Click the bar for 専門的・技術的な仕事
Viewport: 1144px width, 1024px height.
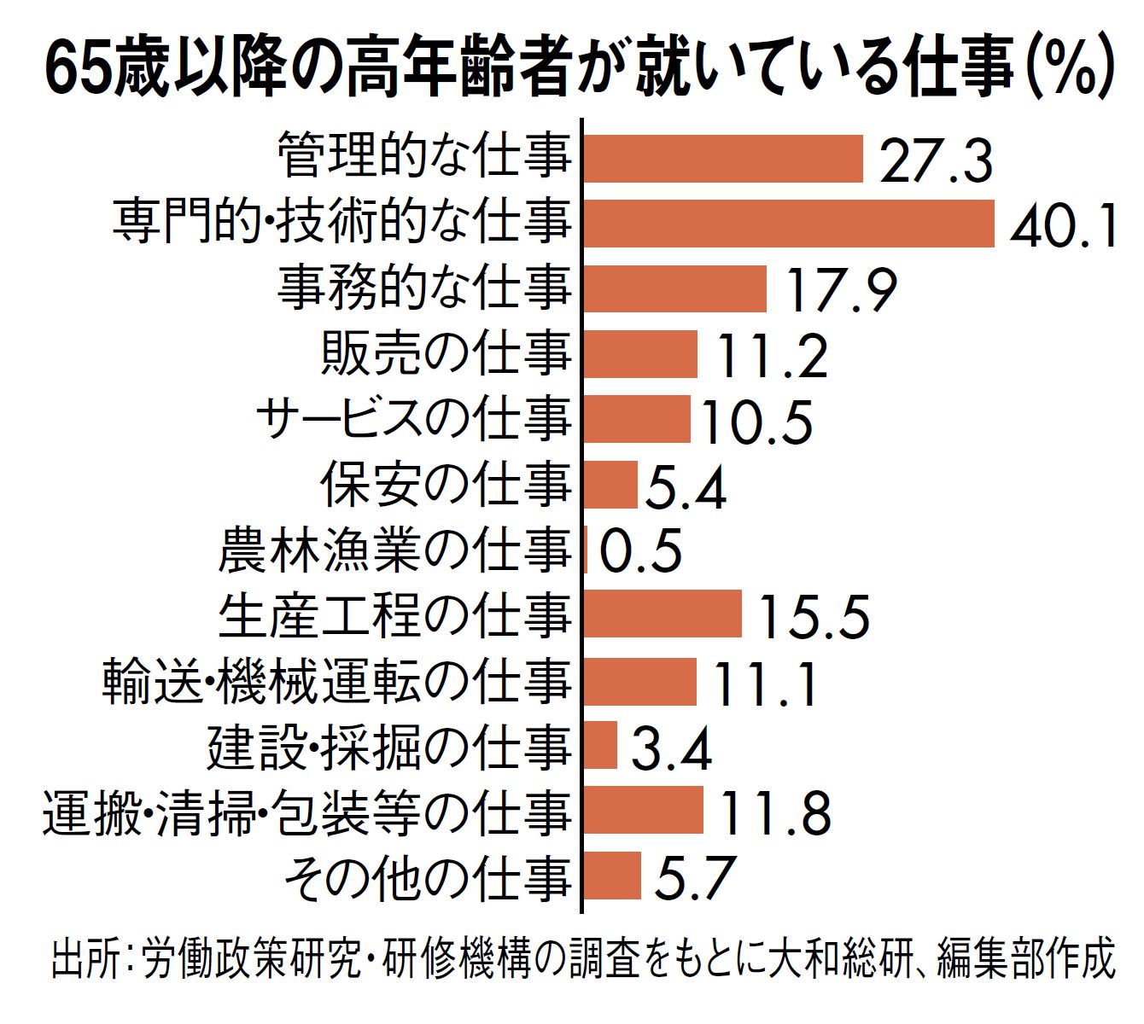click(x=789, y=224)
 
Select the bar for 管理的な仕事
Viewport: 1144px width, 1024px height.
click(x=723, y=159)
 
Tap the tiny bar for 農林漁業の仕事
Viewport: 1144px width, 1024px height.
click(x=587, y=550)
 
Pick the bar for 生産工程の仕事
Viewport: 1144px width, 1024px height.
click(x=662, y=614)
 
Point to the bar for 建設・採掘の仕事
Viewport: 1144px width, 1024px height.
click(x=600, y=745)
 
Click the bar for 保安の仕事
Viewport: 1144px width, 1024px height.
click(x=610, y=485)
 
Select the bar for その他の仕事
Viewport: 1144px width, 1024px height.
click(x=612, y=876)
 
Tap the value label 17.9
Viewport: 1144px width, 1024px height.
click(x=841, y=290)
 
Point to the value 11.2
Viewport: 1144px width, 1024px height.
click(x=771, y=356)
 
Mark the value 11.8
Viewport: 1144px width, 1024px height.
click(x=775, y=812)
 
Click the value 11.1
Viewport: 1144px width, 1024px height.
click(x=765, y=683)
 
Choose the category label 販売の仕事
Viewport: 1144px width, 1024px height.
click(x=446, y=353)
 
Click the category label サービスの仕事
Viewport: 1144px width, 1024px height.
click(x=413, y=419)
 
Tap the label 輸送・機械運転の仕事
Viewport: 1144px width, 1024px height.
click(x=336, y=681)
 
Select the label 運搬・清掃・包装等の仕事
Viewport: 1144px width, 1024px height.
click(x=306, y=812)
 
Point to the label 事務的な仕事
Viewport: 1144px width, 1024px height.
click(x=424, y=288)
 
